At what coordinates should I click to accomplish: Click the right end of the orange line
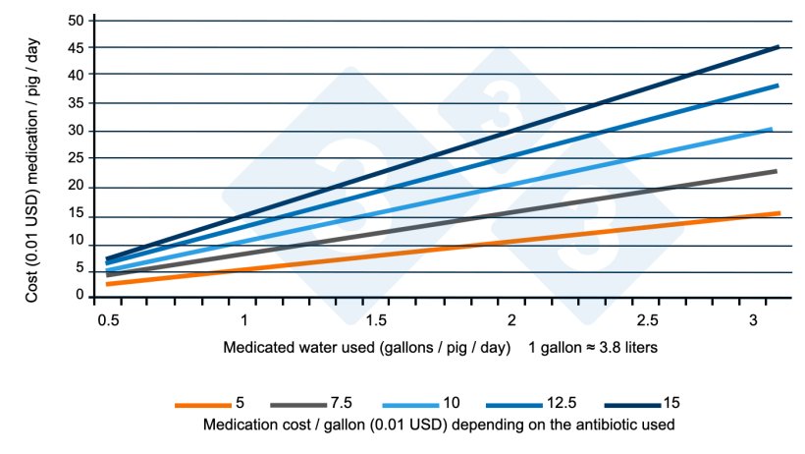[x=778, y=213]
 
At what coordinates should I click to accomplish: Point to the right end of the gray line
[x=776, y=171]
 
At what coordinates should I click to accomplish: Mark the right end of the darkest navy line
[x=778, y=46]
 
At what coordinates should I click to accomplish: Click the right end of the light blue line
[x=771, y=129]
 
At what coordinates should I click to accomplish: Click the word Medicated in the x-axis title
[x=257, y=348]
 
